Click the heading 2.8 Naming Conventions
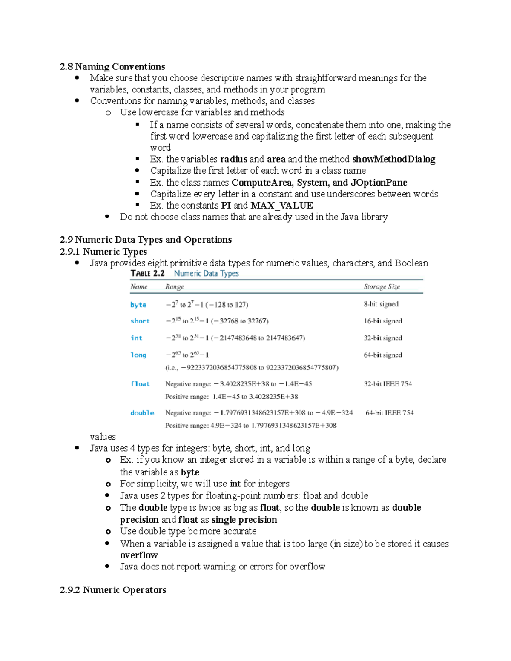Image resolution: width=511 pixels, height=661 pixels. click(112, 66)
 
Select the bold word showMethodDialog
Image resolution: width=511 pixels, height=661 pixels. click(393, 159)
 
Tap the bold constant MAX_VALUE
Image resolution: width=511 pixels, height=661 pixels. click(281, 206)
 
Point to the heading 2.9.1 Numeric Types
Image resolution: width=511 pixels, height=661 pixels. click(103, 252)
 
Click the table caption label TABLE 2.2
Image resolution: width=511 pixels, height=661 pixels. click(147, 273)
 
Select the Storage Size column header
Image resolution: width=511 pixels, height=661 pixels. click(382, 287)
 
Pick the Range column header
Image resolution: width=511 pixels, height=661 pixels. click(175, 287)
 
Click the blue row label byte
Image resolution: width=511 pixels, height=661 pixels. click(138, 305)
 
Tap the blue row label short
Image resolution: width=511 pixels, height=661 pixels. click(140, 321)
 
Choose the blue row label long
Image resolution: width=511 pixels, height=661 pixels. click(138, 355)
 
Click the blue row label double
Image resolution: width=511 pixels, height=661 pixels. click(142, 413)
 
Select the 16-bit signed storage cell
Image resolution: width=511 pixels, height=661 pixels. click(383, 321)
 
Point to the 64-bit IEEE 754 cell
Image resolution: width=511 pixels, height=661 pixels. click(389, 413)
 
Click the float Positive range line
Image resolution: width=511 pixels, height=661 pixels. click(232, 397)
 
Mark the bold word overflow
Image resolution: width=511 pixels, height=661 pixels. click(139, 555)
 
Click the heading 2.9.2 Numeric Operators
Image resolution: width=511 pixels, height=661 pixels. click(113, 590)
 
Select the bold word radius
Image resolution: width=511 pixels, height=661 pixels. click(233, 159)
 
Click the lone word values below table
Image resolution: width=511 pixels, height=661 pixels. click(103, 437)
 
